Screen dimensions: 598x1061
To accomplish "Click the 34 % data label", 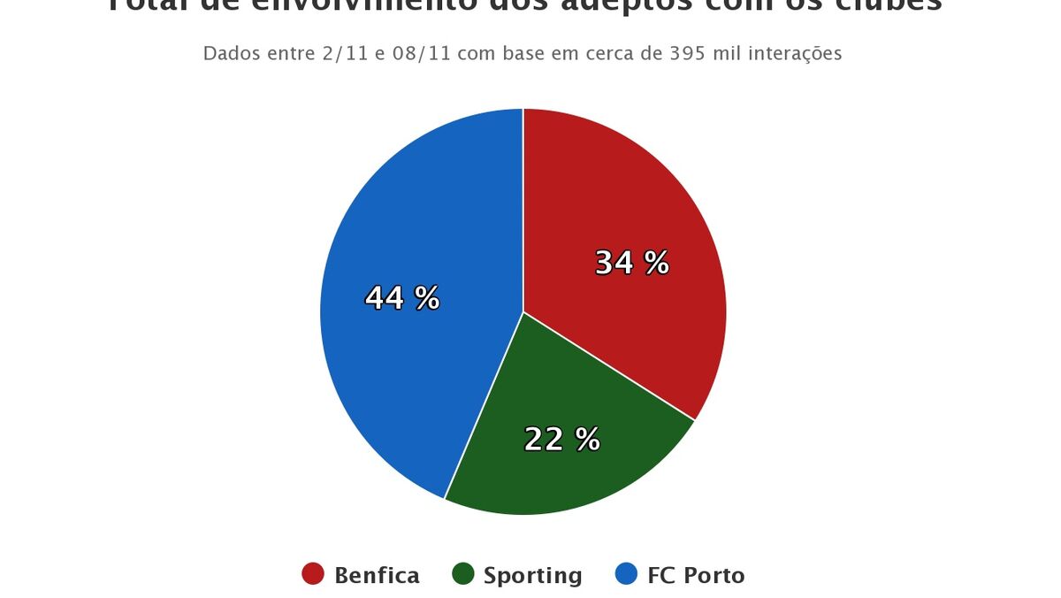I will (631, 263).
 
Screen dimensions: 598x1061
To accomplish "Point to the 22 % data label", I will (561, 439).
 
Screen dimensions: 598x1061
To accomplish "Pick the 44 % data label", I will (402, 298).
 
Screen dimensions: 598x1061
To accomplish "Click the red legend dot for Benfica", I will (313, 575).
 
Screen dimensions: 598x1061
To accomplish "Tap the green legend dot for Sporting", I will (462, 575).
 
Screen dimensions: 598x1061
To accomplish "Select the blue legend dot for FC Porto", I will (625, 575).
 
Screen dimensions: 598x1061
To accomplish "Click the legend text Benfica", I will (377, 576).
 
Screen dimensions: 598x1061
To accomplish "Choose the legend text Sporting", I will (532, 576).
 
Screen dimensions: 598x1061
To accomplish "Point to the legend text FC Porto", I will (696, 576).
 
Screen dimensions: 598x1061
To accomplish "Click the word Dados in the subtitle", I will (226, 53).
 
